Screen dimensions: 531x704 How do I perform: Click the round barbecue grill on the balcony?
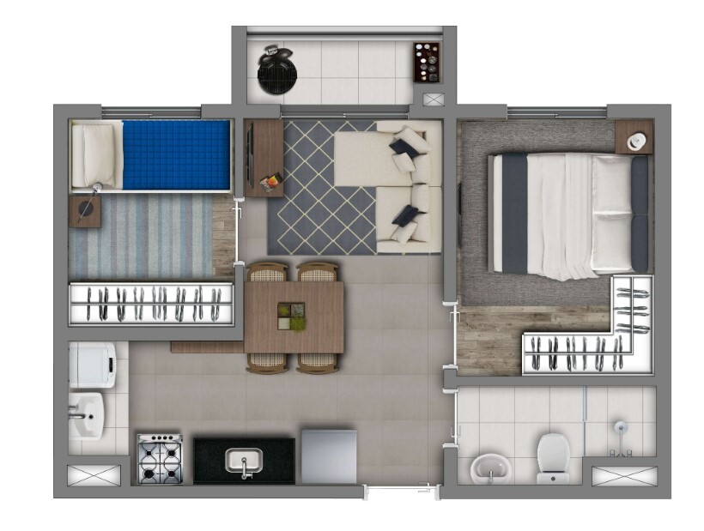276,69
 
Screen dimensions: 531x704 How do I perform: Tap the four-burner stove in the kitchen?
160,459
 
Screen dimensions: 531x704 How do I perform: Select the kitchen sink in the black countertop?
244,462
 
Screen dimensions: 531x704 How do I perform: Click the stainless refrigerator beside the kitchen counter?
328,456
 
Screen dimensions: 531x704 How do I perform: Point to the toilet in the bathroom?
551,456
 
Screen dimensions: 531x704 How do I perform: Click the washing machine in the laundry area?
91,365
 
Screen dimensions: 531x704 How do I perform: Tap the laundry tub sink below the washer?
87,416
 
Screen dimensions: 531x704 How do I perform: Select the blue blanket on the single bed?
176,154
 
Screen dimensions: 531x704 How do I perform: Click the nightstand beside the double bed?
634,137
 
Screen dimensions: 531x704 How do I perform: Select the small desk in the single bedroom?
85,210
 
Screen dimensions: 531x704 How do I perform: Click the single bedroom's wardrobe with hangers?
151,304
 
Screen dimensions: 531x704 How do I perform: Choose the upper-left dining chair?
267,273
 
